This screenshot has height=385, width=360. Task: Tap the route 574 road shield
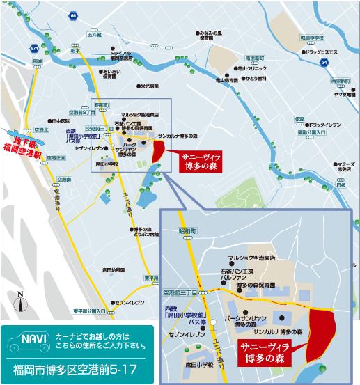click(x=35, y=47)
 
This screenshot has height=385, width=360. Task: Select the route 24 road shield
click(x=324, y=63)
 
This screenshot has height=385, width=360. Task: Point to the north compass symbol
click(x=21, y=301)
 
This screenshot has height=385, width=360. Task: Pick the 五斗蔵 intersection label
click(x=94, y=33)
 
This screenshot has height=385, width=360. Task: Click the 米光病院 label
click(x=148, y=86)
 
